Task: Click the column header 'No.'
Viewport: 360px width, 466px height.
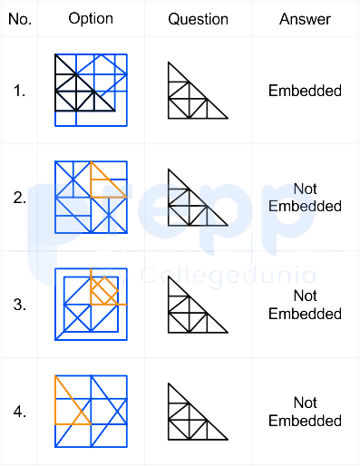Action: [20, 19]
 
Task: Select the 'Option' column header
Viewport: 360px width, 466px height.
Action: [91, 19]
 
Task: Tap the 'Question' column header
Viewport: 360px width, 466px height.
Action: [198, 19]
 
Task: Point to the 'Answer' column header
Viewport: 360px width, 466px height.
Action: [305, 19]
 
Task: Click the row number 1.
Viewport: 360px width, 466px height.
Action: [19, 91]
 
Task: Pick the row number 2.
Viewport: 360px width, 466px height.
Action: [19, 198]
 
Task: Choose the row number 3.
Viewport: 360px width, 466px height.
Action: [19, 305]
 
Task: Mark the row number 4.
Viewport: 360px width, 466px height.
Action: [19, 412]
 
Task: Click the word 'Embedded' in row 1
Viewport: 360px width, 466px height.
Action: [305, 91]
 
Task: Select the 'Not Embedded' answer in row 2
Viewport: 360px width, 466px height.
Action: [305, 198]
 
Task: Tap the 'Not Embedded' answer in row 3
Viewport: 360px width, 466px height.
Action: [305, 305]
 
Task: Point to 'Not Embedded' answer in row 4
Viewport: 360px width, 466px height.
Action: [305, 412]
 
